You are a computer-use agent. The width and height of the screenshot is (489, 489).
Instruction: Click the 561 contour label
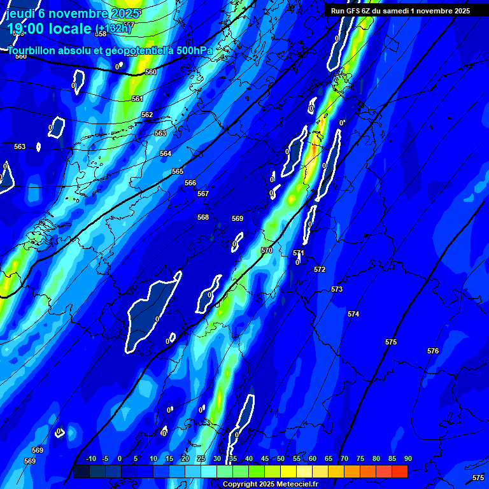point(138,99)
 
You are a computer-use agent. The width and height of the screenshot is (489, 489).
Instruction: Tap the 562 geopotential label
point(147,115)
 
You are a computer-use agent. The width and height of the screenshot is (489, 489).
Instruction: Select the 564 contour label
point(166,153)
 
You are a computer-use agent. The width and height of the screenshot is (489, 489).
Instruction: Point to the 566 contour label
point(190,183)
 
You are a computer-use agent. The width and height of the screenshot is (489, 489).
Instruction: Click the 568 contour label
point(203,217)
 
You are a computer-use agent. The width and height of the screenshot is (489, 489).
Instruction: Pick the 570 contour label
point(267,250)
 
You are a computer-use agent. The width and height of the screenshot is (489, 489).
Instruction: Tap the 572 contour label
point(320,269)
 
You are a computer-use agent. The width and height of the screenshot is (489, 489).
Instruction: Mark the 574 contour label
point(353,314)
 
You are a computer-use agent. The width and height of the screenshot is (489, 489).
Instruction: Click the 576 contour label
point(433,351)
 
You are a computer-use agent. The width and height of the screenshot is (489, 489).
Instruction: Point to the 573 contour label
point(337,289)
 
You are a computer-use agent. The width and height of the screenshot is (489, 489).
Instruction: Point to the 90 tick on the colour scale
point(407,458)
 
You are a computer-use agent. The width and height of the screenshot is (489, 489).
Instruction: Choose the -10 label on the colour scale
point(90,458)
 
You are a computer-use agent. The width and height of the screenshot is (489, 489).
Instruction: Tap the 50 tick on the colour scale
point(281,458)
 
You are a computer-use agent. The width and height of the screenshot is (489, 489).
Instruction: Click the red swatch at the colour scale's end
point(399,471)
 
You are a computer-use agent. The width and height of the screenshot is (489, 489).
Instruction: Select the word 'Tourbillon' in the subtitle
point(32,50)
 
